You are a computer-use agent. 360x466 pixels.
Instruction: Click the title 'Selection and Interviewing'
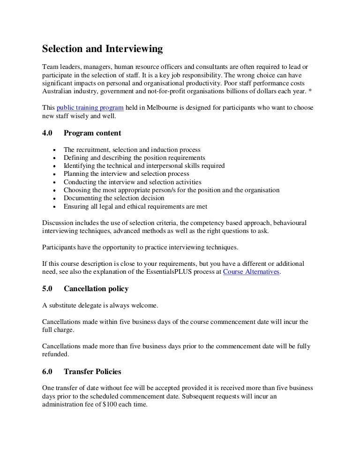(102, 49)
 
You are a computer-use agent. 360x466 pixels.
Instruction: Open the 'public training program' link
(90, 107)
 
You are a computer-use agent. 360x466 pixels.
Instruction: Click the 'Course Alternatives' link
(251, 272)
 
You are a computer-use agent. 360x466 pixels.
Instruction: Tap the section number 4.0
(47, 133)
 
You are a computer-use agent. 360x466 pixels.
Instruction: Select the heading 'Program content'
(92, 133)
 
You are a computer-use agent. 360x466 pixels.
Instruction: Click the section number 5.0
(47, 289)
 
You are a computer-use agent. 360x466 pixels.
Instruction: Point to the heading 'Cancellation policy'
(96, 289)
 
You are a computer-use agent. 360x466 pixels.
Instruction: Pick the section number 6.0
(47, 372)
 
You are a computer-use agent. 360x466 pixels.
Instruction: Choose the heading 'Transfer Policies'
(92, 372)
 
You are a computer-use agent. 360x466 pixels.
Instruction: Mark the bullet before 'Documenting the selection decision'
(55, 199)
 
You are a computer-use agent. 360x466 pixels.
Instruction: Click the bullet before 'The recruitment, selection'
(55, 150)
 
